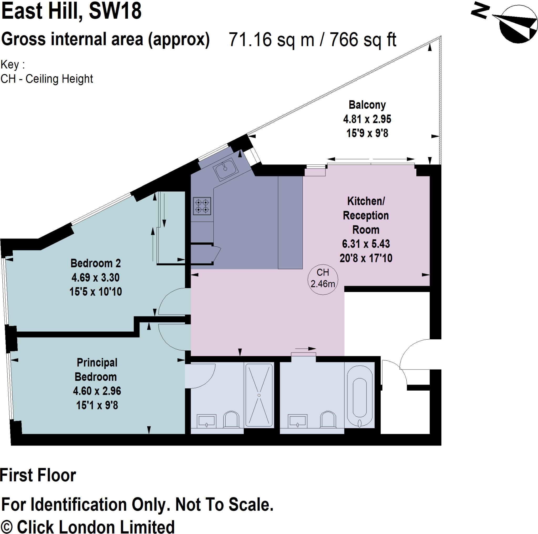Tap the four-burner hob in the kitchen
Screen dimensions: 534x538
[x=202, y=206]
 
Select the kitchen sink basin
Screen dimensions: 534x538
[x=225, y=169]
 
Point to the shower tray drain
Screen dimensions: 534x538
[x=259, y=395]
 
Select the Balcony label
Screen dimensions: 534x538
[x=367, y=105]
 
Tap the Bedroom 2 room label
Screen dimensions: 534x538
[x=96, y=263]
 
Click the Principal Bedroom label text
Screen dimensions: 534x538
[x=96, y=370]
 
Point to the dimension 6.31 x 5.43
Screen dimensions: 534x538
[x=366, y=244]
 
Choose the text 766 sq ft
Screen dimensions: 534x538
[x=363, y=40]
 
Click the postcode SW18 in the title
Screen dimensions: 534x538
[x=115, y=11]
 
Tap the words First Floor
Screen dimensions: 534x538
[x=38, y=475]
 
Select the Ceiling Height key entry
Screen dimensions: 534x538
[x=46, y=79]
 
